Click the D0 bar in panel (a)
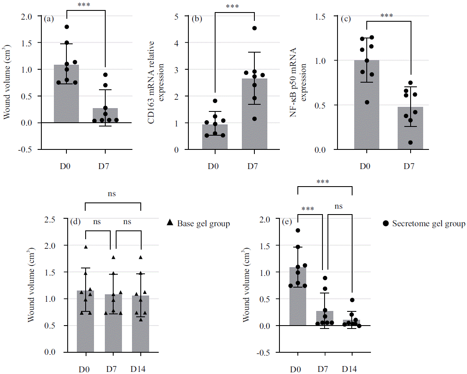[x=66, y=93]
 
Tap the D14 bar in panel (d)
[x=140, y=324]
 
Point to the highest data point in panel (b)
[x=254, y=28]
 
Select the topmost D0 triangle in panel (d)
[x=86, y=247]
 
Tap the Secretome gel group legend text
[x=429, y=224]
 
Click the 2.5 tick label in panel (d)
[x=51, y=219]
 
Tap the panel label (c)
[x=347, y=19]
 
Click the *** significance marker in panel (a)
[x=86, y=5]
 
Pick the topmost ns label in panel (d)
[x=112, y=194]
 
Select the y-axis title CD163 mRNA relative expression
[x=155, y=83]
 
